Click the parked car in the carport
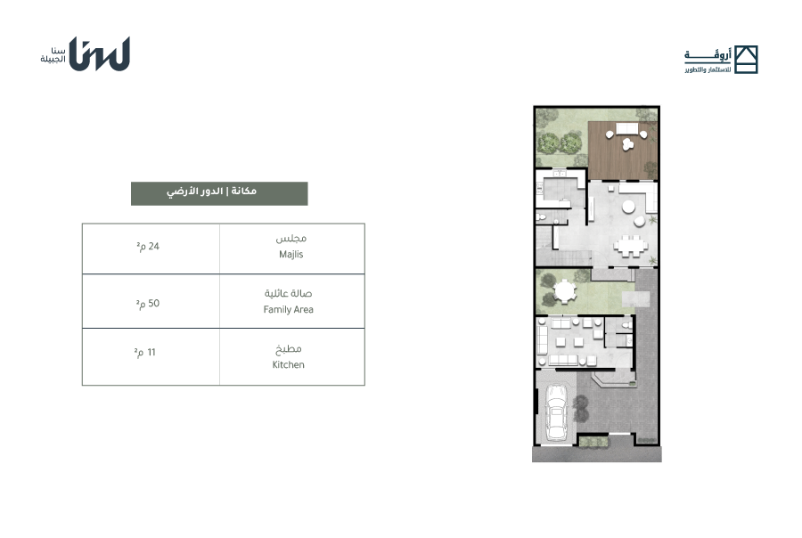coord(555,412)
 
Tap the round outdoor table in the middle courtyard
coord(565,291)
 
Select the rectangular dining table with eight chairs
coord(631,246)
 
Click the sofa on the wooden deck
coord(626,128)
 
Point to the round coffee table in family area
coord(628,208)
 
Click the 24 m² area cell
coord(151,249)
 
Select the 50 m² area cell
coord(151,301)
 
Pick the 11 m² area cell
coord(151,356)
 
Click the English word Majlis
coord(291,254)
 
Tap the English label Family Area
coord(289,309)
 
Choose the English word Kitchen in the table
coord(289,364)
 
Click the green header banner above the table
coord(219,193)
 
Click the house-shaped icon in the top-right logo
coord(746,60)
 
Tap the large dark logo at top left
coord(99,53)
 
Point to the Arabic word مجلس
coord(291,239)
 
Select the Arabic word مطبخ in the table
coord(289,349)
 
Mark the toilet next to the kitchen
coord(542,216)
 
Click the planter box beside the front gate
coord(593,442)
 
